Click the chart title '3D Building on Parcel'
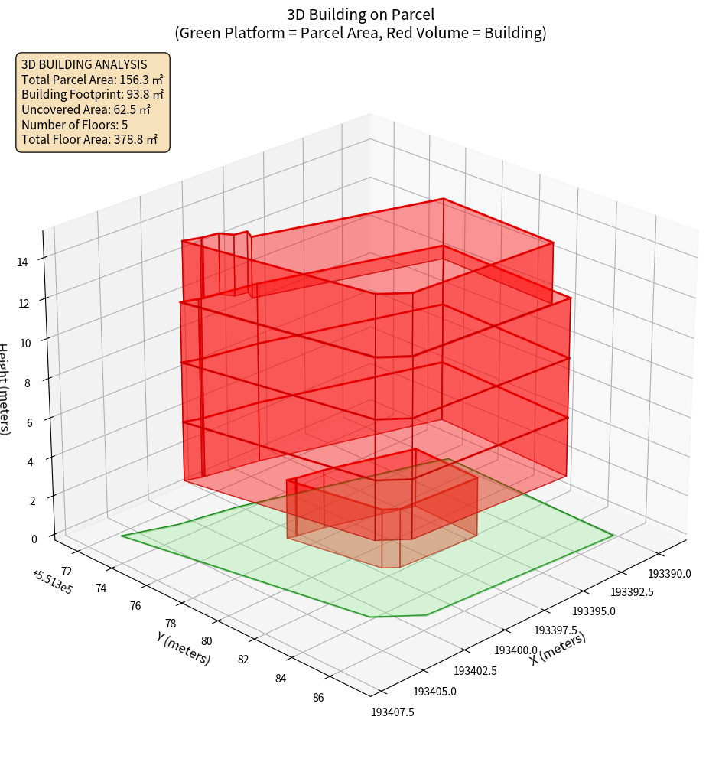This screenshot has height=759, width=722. pos(360,15)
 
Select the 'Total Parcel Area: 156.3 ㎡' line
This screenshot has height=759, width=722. pos(92,80)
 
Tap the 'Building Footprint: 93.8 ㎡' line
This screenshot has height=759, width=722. pos(93,95)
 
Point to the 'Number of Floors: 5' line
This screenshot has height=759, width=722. pos(74,125)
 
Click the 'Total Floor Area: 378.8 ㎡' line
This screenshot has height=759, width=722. pos(89,140)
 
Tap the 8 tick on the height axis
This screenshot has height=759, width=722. pos(28,382)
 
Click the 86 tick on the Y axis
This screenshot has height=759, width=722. pos(318,697)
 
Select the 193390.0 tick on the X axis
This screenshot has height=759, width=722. pos(670,574)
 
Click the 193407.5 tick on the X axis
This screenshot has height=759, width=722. pos(392,712)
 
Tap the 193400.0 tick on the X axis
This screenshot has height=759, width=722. pos(516,650)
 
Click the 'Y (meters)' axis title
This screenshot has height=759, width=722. pos(184,648)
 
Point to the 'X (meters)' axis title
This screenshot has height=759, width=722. pos(558,648)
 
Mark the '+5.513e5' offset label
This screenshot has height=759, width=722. pos(52,582)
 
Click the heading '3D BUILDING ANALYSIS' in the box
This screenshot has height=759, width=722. pos(84,64)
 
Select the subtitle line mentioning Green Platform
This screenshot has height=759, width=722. pos(360,33)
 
